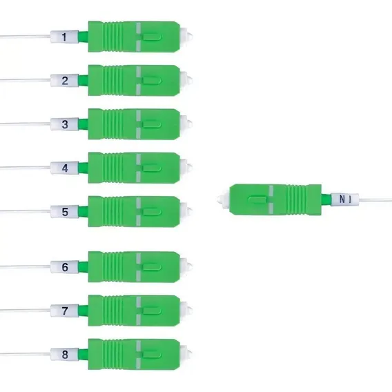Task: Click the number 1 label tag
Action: (x=64, y=37)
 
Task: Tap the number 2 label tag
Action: (x=64, y=81)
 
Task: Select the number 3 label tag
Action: (x=64, y=124)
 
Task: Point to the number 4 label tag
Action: (x=64, y=168)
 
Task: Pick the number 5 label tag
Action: (x=64, y=211)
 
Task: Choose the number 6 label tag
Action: (x=64, y=267)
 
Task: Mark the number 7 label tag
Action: (x=64, y=311)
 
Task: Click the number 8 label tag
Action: (x=64, y=354)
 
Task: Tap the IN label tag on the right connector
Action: (x=345, y=199)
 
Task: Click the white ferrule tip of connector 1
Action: (x=187, y=37)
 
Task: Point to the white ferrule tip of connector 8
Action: (x=187, y=354)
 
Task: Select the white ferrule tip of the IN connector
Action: (x=223, y=199)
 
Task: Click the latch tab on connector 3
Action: (x=152, y=124)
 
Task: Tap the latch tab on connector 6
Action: (x=152, y=267)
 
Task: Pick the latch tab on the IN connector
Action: (x=257, y=199)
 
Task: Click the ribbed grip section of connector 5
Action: (x=113, y=211)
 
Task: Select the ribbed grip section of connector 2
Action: (x=113, y=81)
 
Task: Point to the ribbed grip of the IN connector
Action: (x=297, y=199)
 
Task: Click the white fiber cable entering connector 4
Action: (x=25, y=167)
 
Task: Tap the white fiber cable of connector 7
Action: (x=25, y=311)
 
